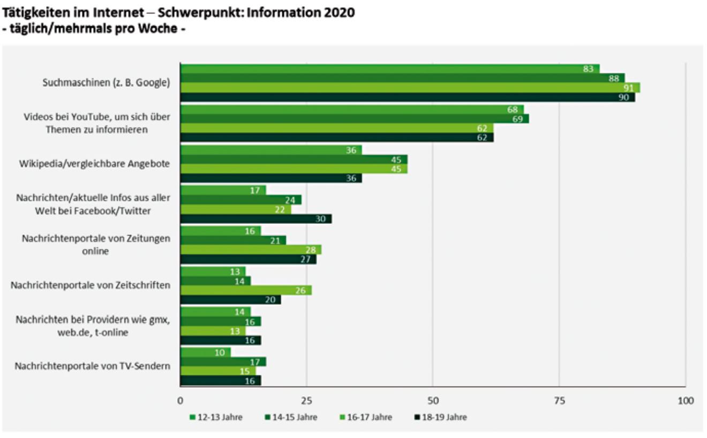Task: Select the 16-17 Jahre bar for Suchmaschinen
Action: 410,88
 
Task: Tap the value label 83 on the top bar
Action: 588,69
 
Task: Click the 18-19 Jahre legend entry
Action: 440,417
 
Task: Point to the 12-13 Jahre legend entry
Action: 216,417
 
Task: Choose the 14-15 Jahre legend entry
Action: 291,417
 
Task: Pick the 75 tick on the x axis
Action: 559,401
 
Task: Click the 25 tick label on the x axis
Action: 306,401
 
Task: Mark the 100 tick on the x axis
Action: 686,401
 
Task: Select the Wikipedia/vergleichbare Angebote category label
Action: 94,164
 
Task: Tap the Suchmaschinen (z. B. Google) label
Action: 106,82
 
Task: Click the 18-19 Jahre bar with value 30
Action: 256,219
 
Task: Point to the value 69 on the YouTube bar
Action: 517,119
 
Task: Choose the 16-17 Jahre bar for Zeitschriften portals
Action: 246,290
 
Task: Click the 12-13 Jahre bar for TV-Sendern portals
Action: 206,352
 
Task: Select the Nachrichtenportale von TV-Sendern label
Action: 93,366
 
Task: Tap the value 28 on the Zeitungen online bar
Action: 311,250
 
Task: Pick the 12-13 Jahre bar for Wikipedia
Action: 271,150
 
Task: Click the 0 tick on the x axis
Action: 180,401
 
